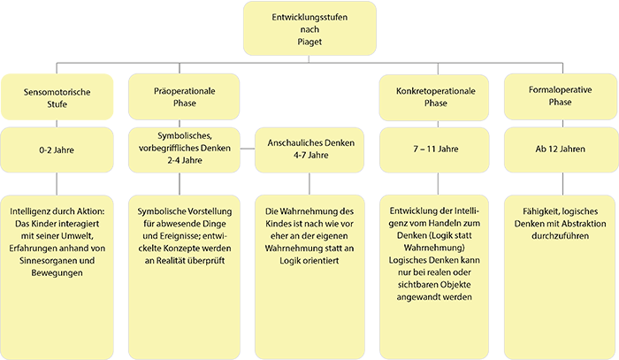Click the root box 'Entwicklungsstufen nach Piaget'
(x=309, y=29)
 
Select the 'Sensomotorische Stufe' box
(x=57, y=97)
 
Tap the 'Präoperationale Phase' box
(x=183, y=97)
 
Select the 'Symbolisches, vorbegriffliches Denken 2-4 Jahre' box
(x=183, y=146)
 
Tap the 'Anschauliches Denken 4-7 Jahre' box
(x=309, y=146)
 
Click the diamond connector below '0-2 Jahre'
(x=57, y=182)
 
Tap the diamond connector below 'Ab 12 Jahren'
(x=561, y=182)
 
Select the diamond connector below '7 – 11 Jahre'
(x=435, y=182)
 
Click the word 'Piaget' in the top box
(x=309, y=42)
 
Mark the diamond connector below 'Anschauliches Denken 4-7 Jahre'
(x=309, y=182)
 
